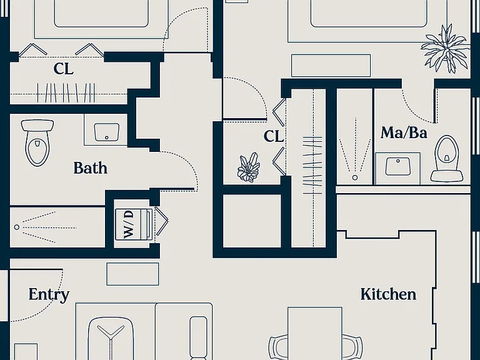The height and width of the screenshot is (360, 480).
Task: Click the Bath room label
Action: click(91, 168)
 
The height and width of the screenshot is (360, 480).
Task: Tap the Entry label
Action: click(49, 295)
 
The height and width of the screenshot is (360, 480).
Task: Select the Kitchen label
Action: click(388, 294)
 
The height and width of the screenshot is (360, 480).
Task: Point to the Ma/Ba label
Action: click(404, 133)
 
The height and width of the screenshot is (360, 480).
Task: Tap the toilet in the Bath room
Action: click(37, 142)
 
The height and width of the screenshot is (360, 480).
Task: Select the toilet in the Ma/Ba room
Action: click(447, 159)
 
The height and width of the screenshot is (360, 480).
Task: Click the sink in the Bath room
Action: click(106, 132)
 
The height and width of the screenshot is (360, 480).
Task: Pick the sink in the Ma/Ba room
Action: click(397, 166)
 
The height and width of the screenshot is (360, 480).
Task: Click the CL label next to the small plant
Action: click(273, 136)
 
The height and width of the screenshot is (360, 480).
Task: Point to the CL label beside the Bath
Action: click(63, 69)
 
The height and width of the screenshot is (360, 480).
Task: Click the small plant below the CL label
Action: click(249, 167)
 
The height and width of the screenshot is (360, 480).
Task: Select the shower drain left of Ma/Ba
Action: click(355, 177)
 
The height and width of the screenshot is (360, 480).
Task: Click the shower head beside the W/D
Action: click(17, 227)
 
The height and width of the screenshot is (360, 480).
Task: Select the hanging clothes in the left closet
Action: click(66, 93)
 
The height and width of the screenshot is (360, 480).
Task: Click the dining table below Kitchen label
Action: click(315, 333)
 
